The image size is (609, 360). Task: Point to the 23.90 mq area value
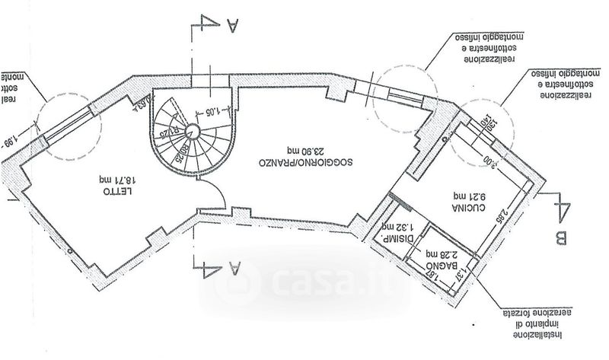point(288,150)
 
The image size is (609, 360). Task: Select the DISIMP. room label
point(401,237)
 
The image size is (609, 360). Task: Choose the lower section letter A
point(233,268)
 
